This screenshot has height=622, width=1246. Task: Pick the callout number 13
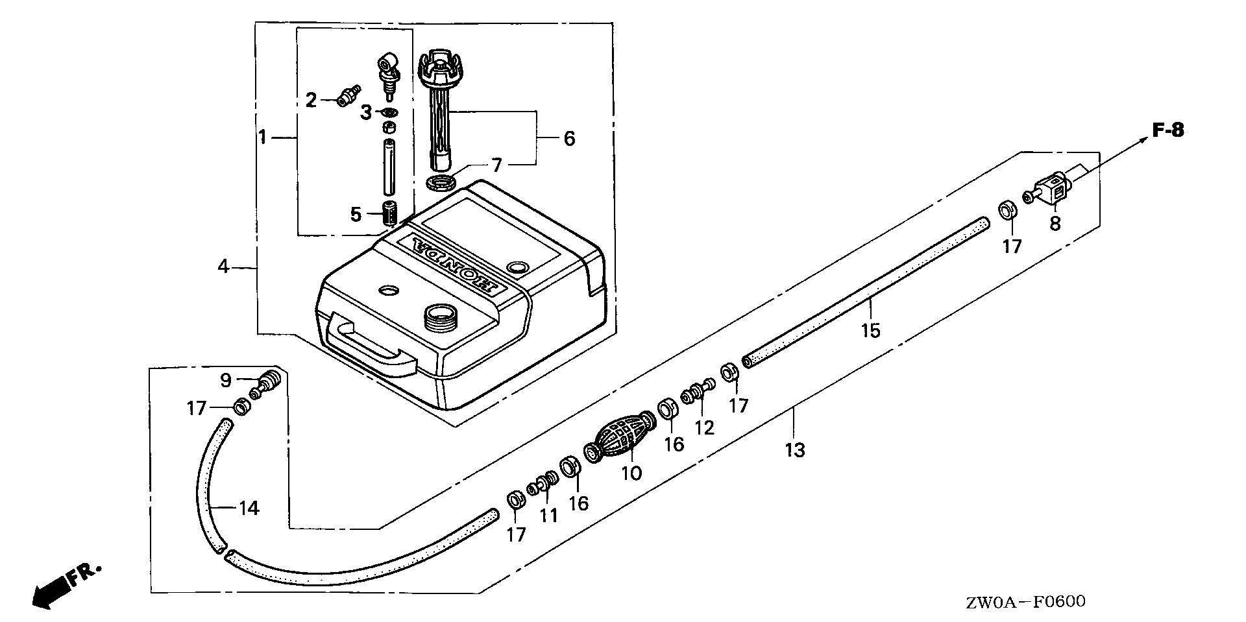point(795,449)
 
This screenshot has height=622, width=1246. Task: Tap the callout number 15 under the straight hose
point(871,330)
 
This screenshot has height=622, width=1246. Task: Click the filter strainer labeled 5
point(389,213)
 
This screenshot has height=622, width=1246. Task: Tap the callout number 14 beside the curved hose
point(249,508)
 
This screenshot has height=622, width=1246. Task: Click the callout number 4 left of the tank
point(223,267)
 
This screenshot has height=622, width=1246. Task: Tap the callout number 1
point(262,138)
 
